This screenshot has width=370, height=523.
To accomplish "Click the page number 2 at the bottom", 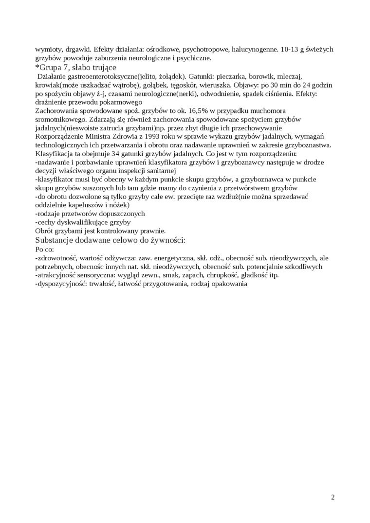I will (333, 497).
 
